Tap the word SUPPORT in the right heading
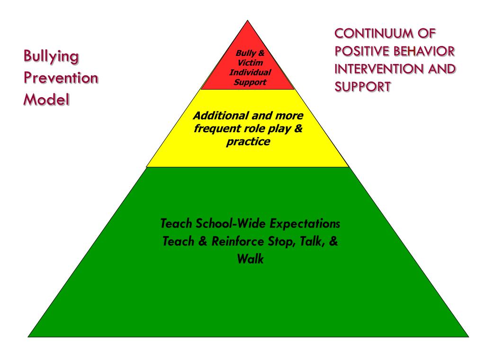(x=363, y=87)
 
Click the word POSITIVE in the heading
(x=362, y=51)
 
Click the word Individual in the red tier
(x=250, y=73)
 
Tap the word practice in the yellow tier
(x=248, y=141)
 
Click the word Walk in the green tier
(x=250, y=259)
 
